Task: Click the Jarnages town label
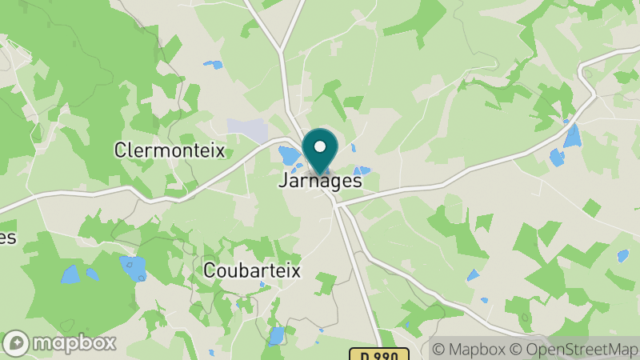(x=320, y=181)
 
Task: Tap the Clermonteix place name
(x=170, y=150)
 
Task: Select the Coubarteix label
(x=252, y=270)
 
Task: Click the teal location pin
(x=320, y=153)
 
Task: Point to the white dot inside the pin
(x=321, y=146)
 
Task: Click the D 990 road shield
(x=378, y=353)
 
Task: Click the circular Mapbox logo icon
(x=16, y=343)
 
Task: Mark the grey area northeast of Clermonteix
(x=247, y=128)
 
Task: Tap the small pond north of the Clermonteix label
(x=213, y=64)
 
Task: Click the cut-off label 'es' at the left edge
(x=7, y=238)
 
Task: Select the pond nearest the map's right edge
(x=622, y=255)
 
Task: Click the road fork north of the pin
(x=282, y=53)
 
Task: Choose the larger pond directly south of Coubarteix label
(x=277, y=335)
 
